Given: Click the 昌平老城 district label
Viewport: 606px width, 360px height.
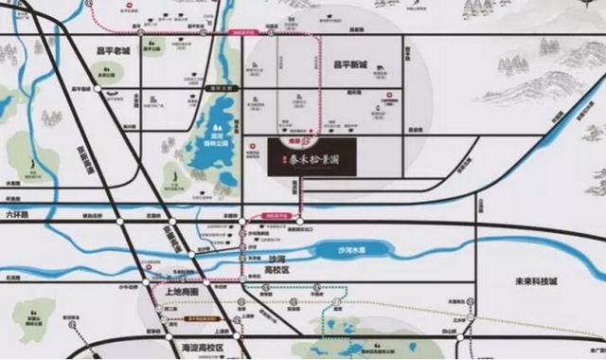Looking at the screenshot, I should (112, 52).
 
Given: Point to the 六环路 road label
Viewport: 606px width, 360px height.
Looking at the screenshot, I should (17, 215).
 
